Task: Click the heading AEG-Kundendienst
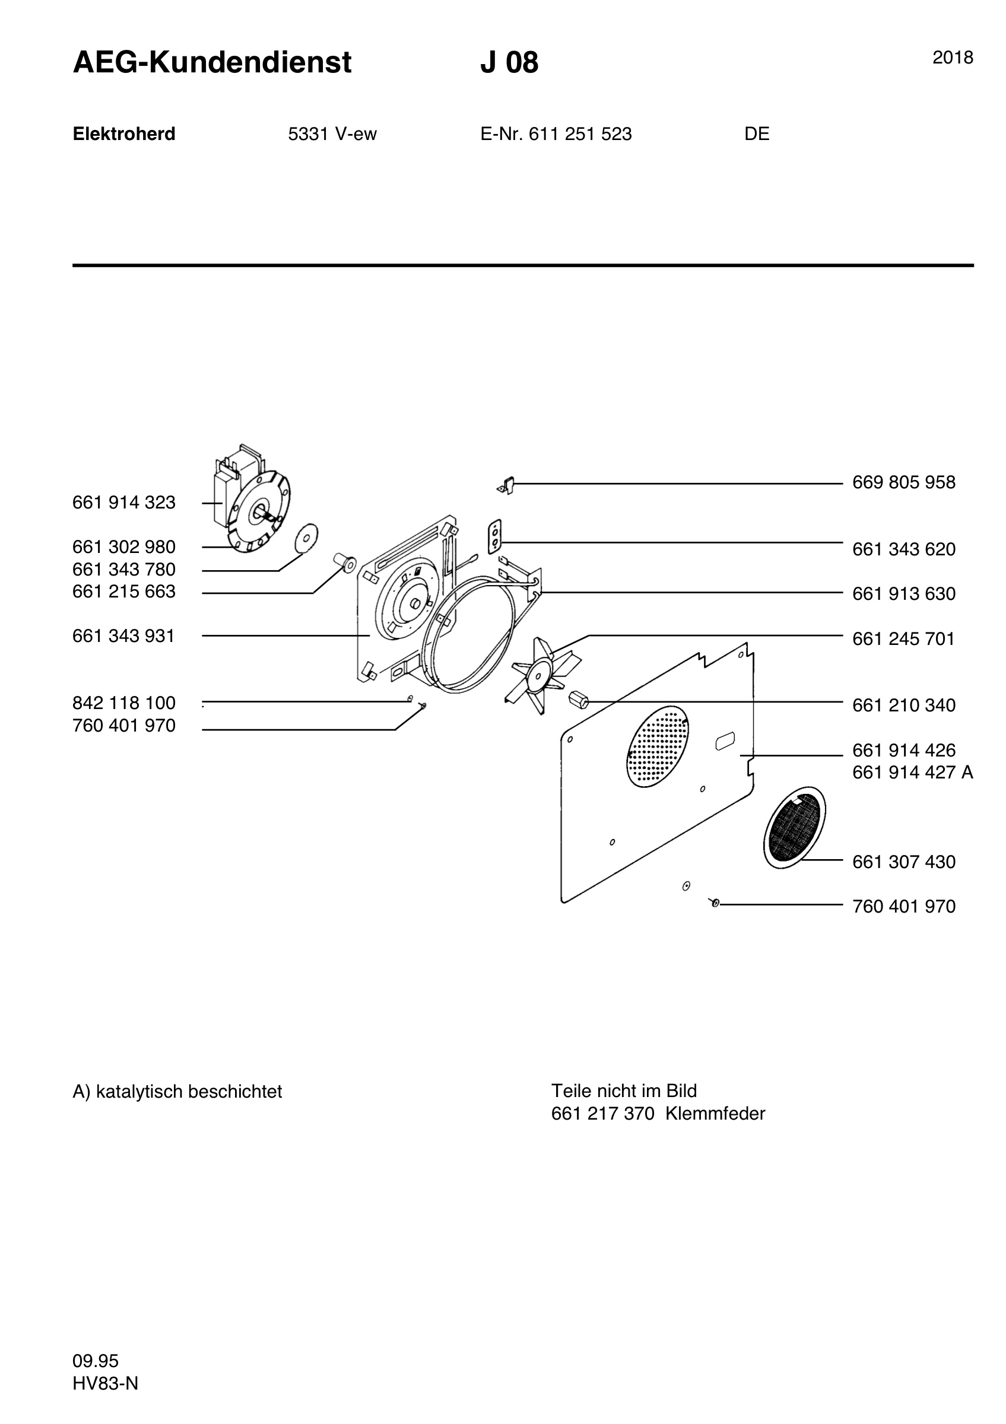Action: [x=212, y=63]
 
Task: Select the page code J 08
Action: [x=509, y=63]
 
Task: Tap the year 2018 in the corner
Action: [x=953, y=58]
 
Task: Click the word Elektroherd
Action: [x=124, y=134]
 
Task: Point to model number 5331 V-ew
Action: [x=332, y=134]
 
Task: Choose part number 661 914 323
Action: [x=124, y=503]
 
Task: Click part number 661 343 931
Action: [x=124, y=636]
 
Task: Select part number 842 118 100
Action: [x=124, y=703]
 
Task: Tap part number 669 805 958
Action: [x=904, y=482]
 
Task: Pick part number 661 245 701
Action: [x=904, y=639]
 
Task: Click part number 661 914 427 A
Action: [x=912, y=773]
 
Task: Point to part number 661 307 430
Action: [x=904, y=862]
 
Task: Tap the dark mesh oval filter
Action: [x=795, y=827]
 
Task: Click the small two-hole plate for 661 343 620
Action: [x=494, y=536]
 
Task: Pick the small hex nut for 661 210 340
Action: [x=577, y=700]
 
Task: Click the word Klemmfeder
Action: [x=715, y=1114]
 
